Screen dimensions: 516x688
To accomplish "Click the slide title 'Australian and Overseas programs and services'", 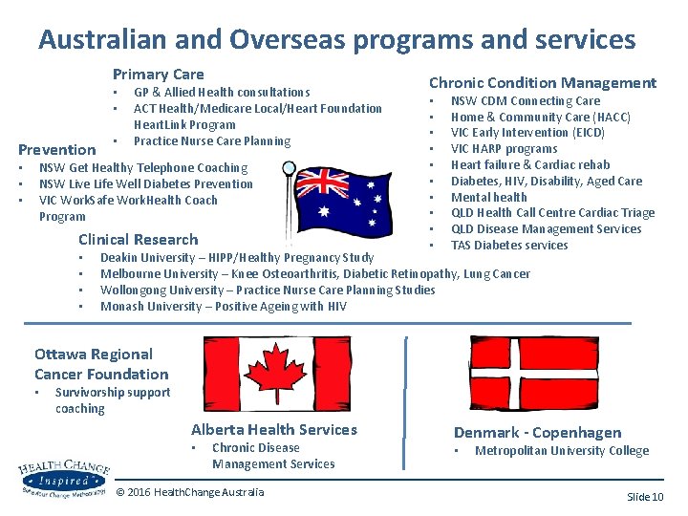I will pos(336,39).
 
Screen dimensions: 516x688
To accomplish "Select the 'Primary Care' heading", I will pos(158,74).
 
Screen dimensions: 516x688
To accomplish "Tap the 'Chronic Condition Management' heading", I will pos(542,83).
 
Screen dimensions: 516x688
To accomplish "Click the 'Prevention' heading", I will pos(57,149).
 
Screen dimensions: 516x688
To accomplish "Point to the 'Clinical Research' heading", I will pos(138,239).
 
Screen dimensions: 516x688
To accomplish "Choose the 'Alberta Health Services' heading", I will pos(273,430).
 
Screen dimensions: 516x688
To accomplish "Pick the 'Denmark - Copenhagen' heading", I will pos(537,433).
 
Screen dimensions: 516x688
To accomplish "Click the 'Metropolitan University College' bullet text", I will pos(561,451).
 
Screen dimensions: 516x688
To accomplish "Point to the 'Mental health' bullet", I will pos(488,197).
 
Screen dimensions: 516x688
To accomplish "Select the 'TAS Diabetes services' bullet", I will pos(508,245).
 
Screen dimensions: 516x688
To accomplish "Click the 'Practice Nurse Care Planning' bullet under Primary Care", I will pos(211,141).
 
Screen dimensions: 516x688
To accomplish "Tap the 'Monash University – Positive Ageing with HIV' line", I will pos(223,307).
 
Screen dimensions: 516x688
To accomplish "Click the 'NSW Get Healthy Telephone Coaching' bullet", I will pos(142,168).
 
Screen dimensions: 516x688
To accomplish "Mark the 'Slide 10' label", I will pos(644,497).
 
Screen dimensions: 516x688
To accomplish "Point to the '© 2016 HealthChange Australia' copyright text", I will pos(189,492).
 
